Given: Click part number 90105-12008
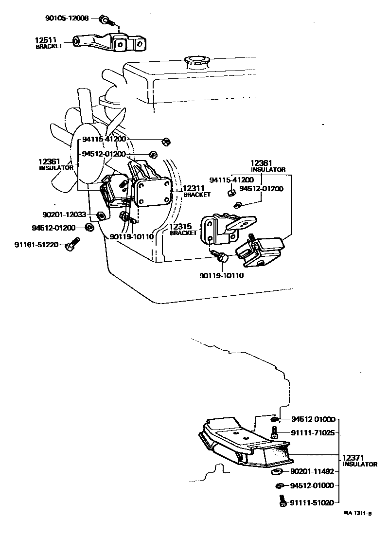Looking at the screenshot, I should pyautogui.click(x=68, y=18).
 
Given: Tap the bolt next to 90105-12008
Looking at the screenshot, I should pyautogui.click(x=106, y=20).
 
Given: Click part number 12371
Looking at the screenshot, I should pyautogui.click(x=354, y=458).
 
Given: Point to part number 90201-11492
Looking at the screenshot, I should pyautogui.click(x=312, y=471).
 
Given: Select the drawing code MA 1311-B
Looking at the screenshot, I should pyautogui.click(x=357, y=513).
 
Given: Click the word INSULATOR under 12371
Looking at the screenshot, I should pyautogui.click(x=360, y=465).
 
